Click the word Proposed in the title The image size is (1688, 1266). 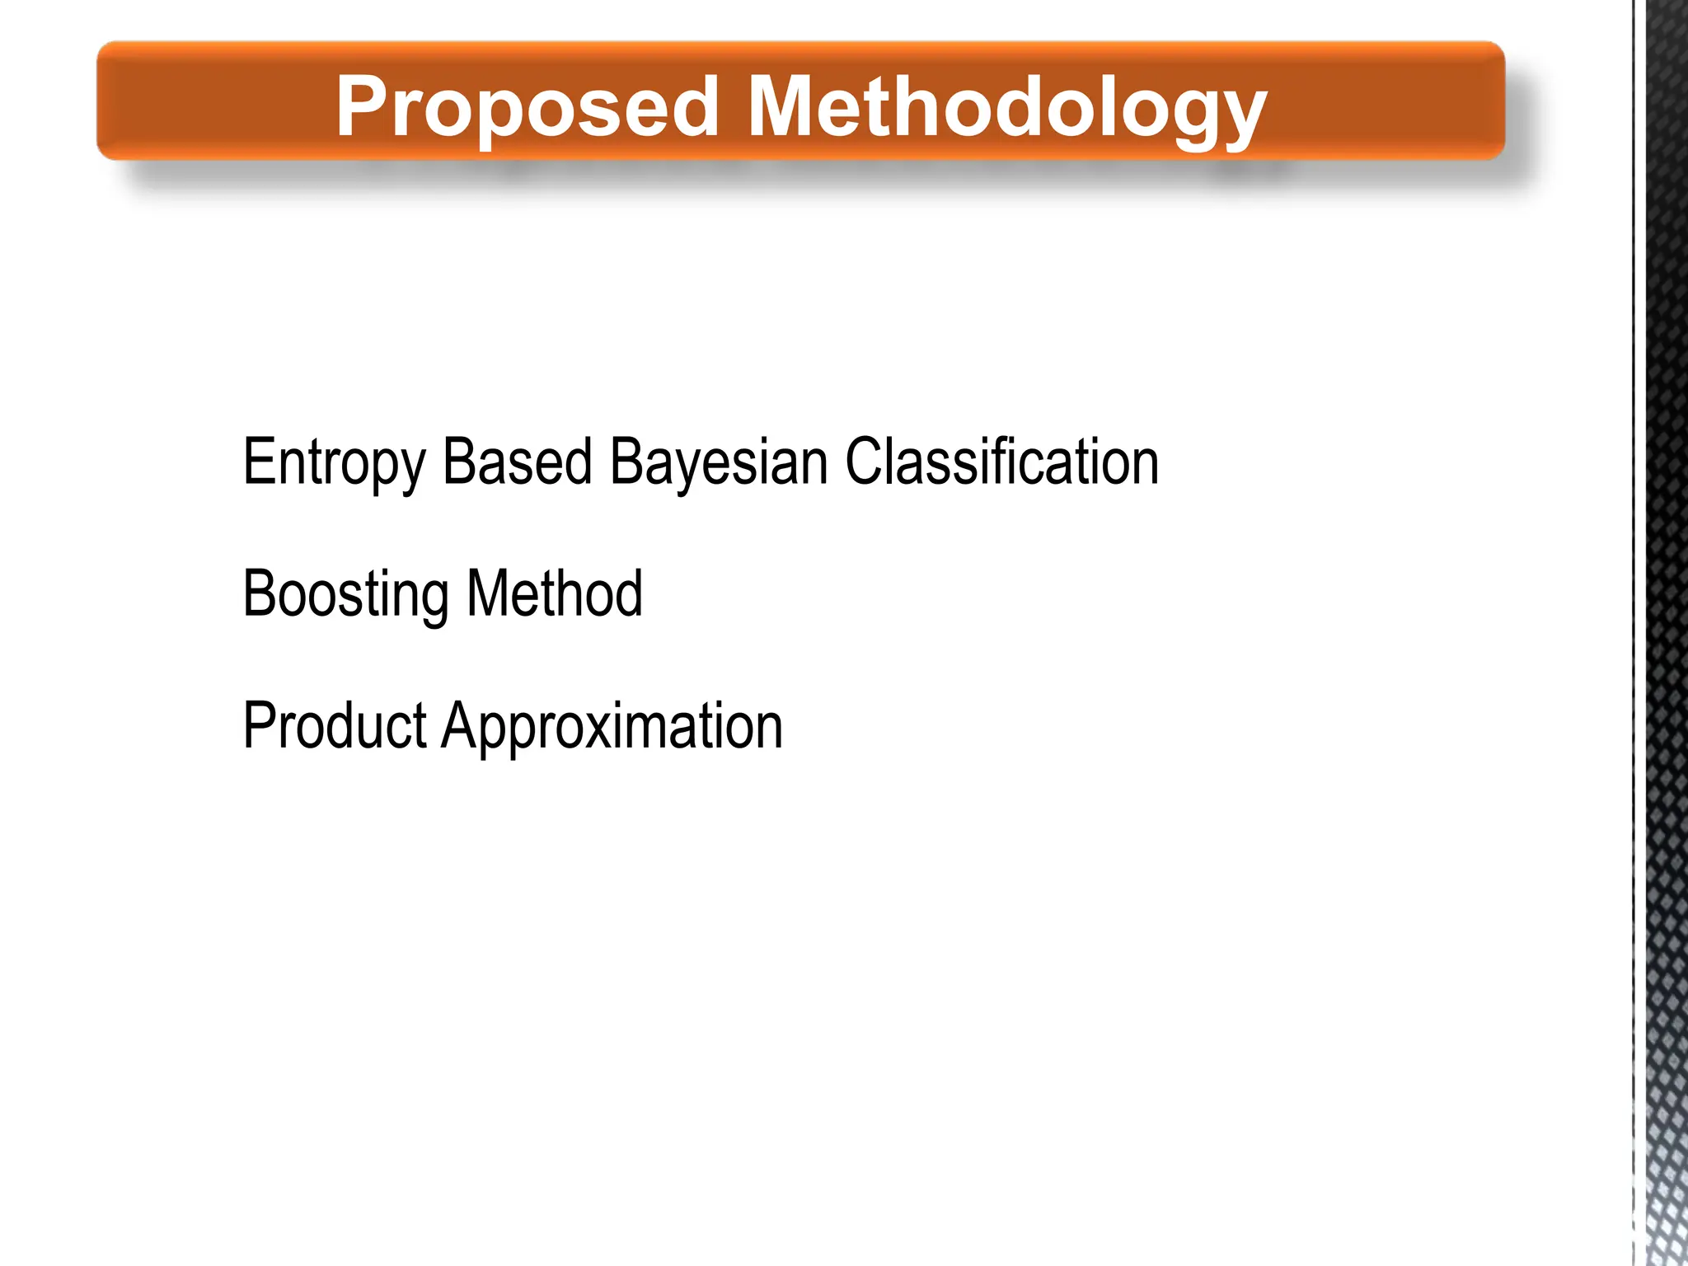527,107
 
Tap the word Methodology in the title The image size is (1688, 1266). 1006,107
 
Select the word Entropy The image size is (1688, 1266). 334,463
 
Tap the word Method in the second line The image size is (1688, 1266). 554,593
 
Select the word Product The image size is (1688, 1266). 335,725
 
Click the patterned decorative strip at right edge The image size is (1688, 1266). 1665,633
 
